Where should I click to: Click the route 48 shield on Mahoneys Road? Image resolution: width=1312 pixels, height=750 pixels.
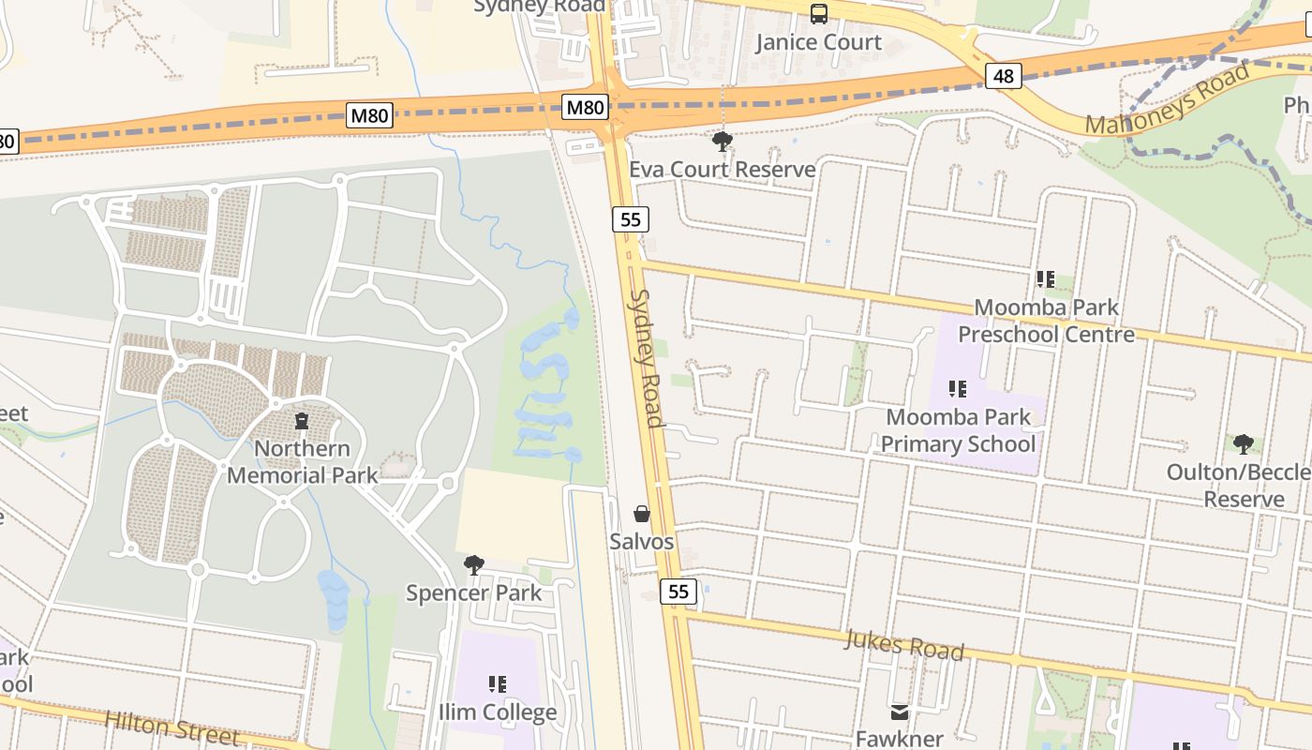1003,76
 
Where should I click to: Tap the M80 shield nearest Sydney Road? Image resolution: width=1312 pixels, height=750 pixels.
585,108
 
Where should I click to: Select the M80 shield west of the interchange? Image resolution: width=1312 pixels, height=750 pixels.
369,116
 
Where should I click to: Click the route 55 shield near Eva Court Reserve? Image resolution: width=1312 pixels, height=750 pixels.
631,219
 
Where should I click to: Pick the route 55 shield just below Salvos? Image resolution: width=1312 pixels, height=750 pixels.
678,592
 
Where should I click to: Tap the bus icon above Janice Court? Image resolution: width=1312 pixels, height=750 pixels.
818,14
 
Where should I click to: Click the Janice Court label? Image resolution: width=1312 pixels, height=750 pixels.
818,42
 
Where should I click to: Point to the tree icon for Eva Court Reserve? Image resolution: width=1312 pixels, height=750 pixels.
722,142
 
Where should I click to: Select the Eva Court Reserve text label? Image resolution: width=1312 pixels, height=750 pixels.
722,170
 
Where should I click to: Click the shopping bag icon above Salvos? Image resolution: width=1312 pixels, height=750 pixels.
642,514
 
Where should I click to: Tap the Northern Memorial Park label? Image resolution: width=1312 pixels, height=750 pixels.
302,462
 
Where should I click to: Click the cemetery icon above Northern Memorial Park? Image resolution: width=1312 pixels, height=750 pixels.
302,422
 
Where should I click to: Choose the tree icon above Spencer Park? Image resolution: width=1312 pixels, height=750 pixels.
474,564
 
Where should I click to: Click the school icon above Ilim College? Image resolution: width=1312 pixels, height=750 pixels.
498,684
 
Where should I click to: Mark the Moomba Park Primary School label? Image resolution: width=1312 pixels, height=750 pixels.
958,430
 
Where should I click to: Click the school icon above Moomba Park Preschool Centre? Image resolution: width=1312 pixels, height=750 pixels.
1046,278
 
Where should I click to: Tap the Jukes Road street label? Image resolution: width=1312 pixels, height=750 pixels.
903,645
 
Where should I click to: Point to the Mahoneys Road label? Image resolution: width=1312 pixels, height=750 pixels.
1167,98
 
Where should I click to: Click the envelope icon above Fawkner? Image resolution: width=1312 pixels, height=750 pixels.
900,712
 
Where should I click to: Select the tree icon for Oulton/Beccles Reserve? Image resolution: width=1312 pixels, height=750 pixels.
1243,444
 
